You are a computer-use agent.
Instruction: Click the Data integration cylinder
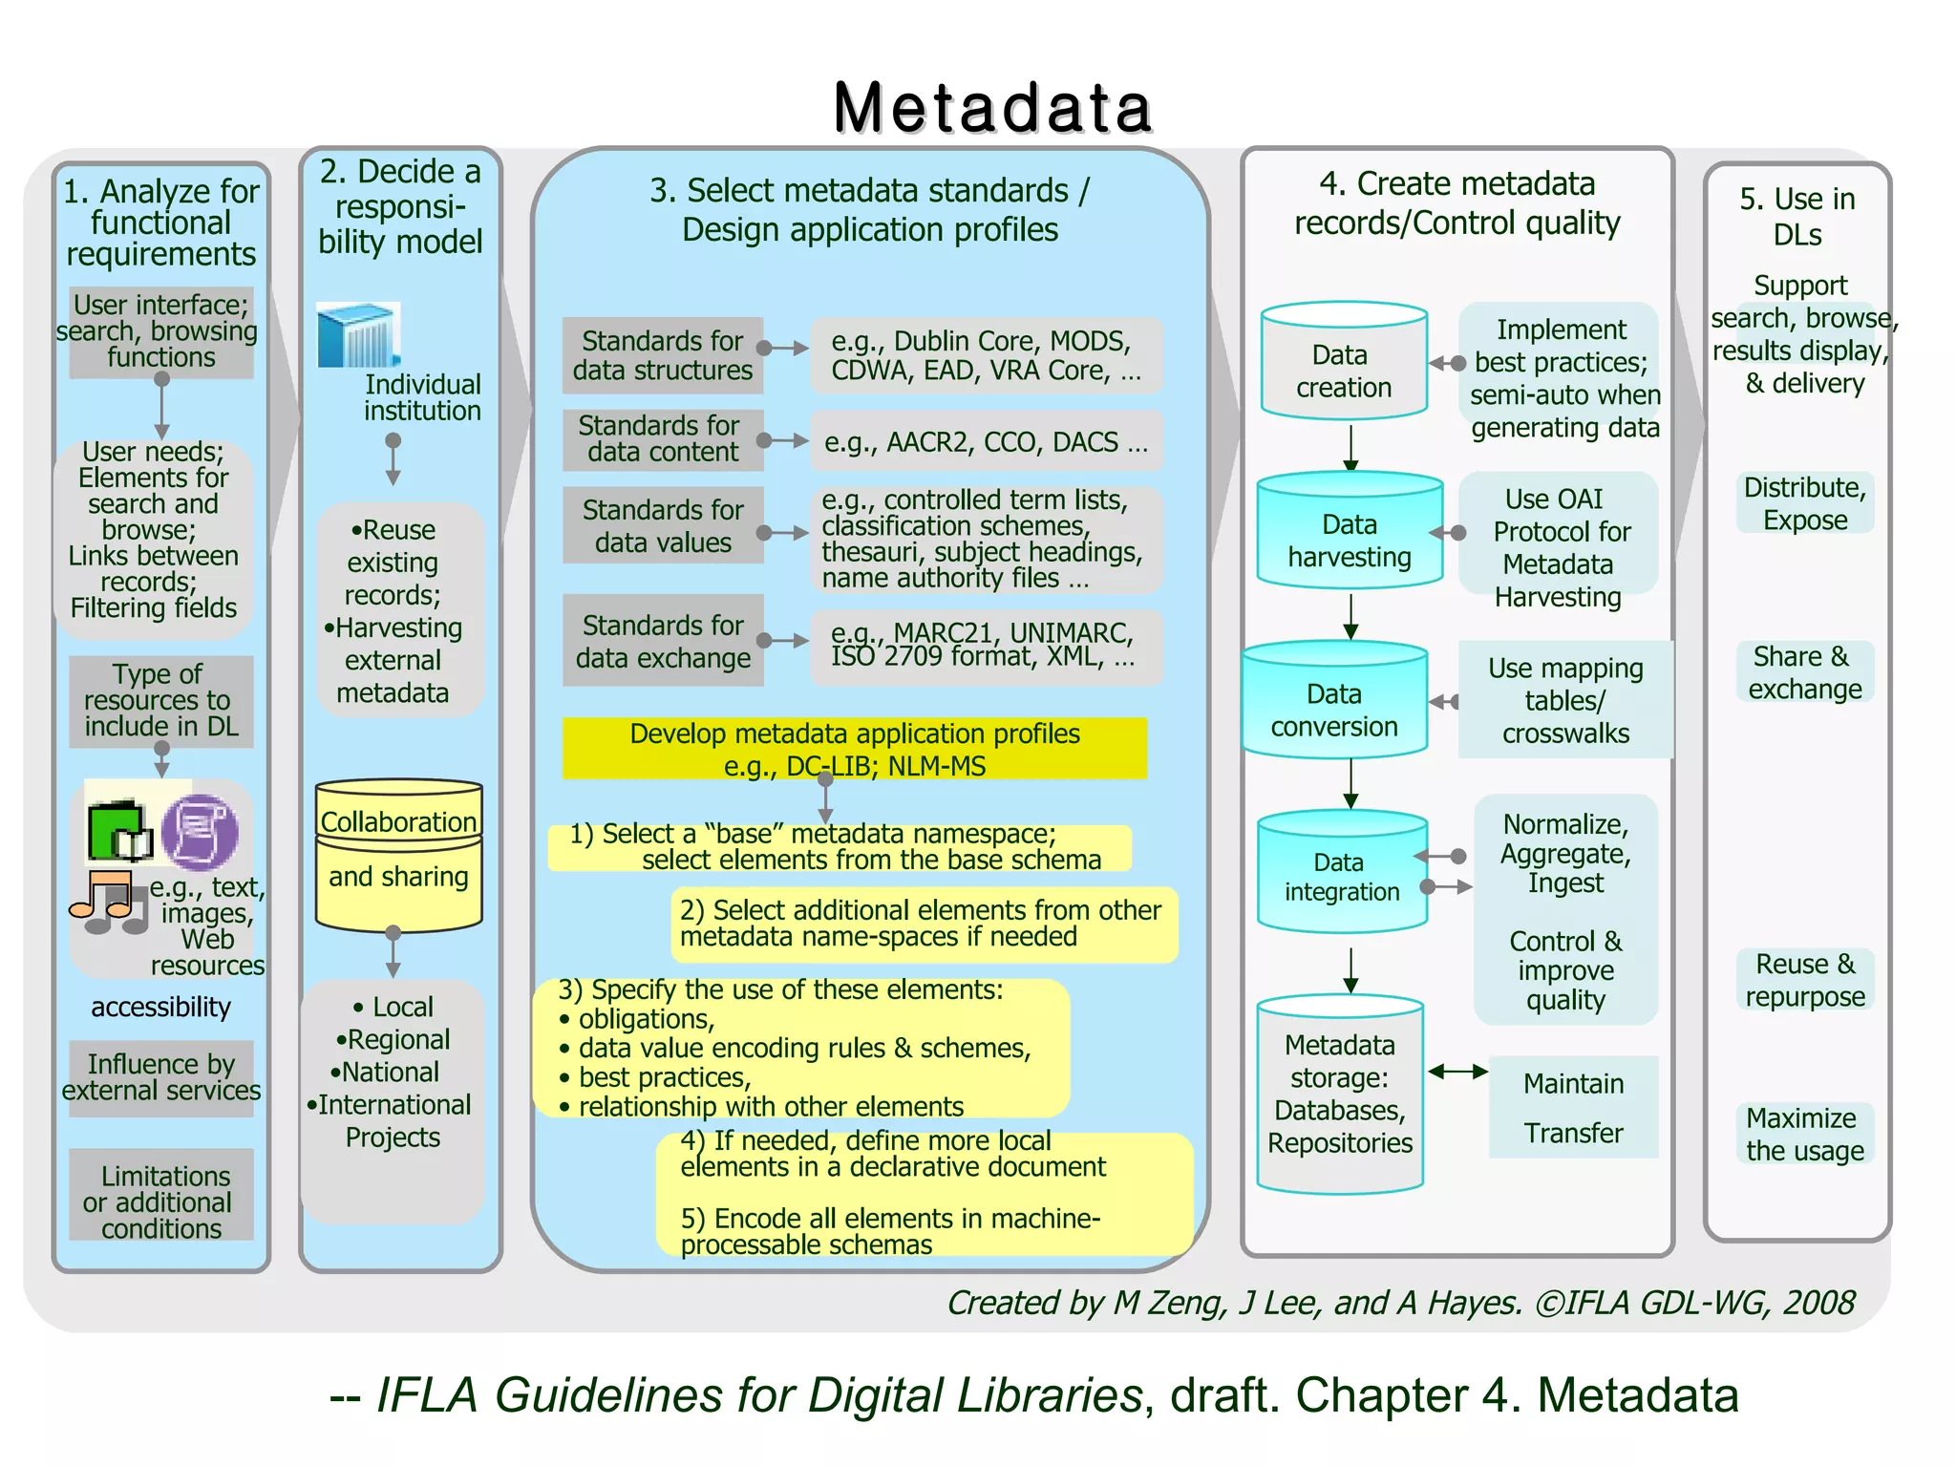point(1341,873)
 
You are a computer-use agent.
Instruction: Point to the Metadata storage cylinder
point(1340,1095)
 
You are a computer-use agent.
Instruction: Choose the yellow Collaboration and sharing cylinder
point(398,855)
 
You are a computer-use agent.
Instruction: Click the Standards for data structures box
point(662,355)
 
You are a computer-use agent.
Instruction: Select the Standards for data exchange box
point(662,641)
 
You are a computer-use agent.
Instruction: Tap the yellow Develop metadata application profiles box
point(854,749)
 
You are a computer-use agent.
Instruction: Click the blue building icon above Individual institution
point(357,335)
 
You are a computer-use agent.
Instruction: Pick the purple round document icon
point(200,831)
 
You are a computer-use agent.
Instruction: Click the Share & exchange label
point(1804,672)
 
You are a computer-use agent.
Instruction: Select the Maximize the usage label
point(1804,1134)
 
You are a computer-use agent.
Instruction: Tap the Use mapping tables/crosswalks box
point(1564,701)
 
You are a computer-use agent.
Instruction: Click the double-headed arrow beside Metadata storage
point(1457,1072)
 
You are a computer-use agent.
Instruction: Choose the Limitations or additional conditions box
point(161,1201)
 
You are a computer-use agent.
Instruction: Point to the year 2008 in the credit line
point(1818,1303)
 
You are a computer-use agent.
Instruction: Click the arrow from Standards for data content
point(785,441)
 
